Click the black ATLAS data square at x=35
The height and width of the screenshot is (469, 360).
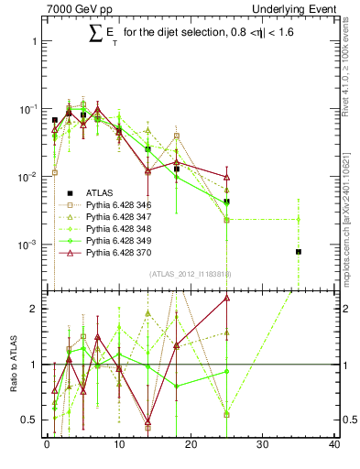pyautogui.click(x=299, y=251)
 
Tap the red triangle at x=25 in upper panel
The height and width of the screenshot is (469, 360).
pyautogui.click(x=226, y=177)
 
